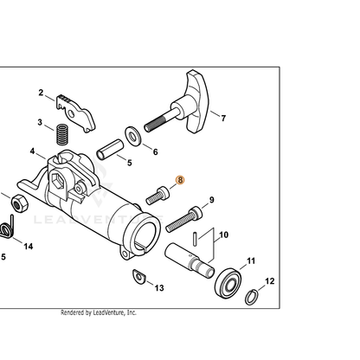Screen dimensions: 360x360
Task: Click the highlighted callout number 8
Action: (180, 180)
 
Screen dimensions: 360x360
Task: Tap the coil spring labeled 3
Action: (61, 134)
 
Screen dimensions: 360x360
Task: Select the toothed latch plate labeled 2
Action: (76, 112)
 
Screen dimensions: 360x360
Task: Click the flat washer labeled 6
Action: (132, 135)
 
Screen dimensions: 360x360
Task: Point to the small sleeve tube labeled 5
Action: (110, 149)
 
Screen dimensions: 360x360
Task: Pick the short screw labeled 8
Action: (157, 196)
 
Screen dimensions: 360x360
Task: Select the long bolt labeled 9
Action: (184, 219)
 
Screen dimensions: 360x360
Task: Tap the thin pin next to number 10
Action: (196, 239)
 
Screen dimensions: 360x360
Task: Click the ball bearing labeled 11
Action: (228, 283)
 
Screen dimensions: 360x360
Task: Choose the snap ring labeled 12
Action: (252, 297)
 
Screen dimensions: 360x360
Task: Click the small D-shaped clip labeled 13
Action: (139, 276)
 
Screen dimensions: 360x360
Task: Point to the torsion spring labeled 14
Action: (7, 227)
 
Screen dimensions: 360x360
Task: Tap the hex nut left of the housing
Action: (20, 202)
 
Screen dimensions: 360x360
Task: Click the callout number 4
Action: (32, 151)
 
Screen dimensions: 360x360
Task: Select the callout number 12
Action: (270, 281)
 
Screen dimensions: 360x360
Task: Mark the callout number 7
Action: (223, 119)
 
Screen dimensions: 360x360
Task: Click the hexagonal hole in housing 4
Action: (56, 182)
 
